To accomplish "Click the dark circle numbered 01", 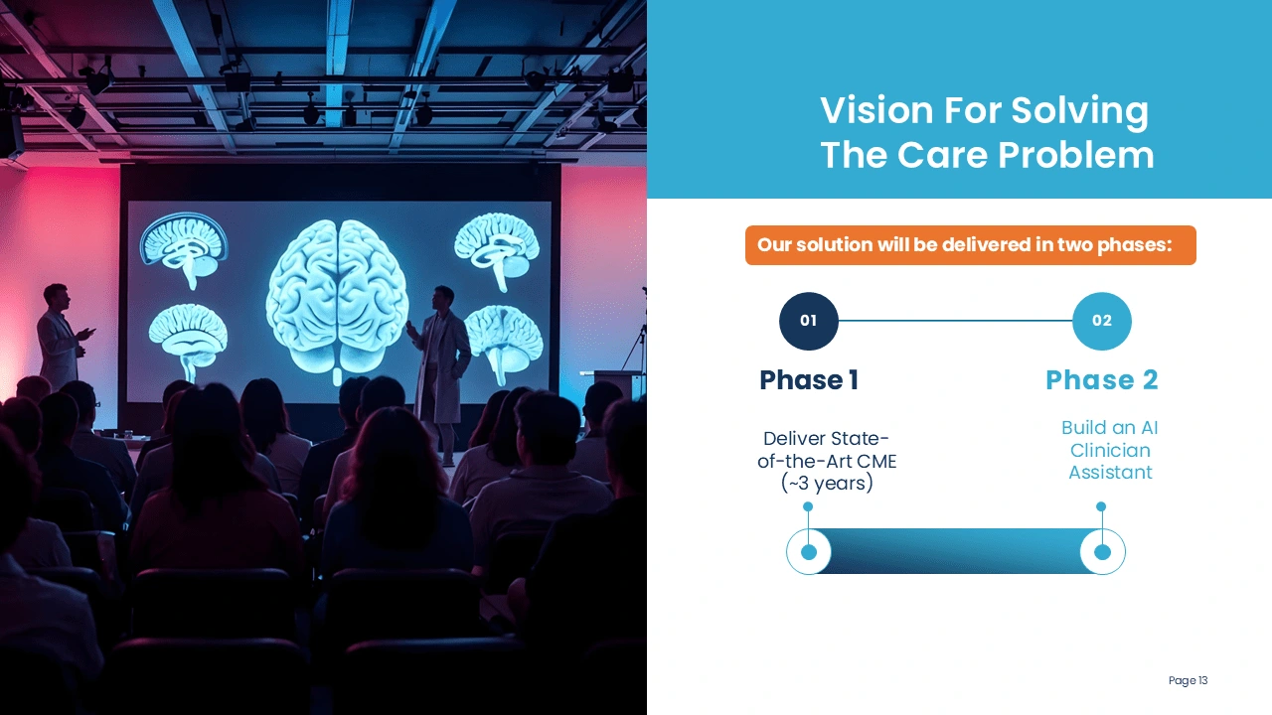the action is [809, 321].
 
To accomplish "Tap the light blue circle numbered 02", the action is [1102, 321].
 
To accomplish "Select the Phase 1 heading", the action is [809, 380].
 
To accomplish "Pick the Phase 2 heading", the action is [1102, 380].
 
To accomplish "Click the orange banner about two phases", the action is [971, 245].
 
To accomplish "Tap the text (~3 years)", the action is [827, 484].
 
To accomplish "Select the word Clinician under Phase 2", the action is [1110, 450].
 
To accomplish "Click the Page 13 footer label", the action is [1188, 680].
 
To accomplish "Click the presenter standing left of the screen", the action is [62, 337].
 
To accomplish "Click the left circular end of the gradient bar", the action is [809, 551].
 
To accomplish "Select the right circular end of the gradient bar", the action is [1102, 551].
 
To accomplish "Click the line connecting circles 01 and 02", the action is [955, 321].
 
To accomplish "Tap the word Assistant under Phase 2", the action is [1110, 472].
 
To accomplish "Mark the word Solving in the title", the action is [1079, 110].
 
